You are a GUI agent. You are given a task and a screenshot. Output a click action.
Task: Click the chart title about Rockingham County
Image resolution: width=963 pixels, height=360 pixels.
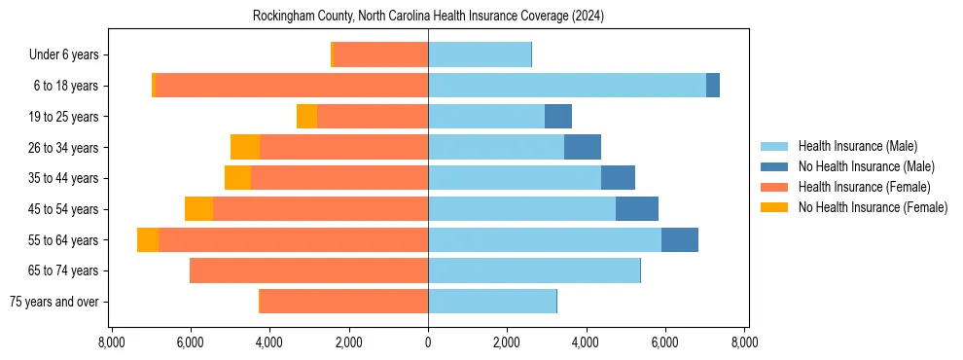pyautogui.click(x=428, y=17)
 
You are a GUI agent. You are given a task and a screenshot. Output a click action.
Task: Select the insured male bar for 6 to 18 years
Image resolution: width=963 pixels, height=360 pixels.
pyautogui.click(x=566, y=86)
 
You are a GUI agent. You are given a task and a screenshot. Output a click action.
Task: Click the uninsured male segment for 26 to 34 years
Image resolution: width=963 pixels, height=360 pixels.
pyautogui.click(x=582, y=147)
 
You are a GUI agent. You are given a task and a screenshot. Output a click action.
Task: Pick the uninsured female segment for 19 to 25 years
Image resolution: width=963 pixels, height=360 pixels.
pyautogui.click(x=306, y=117)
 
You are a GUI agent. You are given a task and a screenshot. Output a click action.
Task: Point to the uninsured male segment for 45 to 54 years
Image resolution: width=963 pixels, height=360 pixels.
pyautogui.click(x=636, y=209)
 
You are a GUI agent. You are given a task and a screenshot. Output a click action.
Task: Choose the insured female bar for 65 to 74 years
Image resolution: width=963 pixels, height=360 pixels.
pyautogui.click(x=308, y=270)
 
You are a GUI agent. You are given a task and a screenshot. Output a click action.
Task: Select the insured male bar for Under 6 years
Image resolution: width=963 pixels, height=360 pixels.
pyautogui.click(x=480, y=54)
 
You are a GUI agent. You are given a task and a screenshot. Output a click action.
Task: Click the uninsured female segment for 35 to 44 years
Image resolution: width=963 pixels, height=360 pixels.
pyautogui.click(x=237, y=178)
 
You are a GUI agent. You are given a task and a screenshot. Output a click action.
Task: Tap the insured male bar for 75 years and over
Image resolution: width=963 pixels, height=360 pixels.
pyautogui.click(x=492, y=302)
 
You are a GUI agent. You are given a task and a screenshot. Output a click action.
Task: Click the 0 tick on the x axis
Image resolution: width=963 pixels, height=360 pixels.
pyautogui.click(x=428, y=343)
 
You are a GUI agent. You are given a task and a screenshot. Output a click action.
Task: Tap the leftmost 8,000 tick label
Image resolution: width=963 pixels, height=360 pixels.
pyautogui.click(x=111, y=343)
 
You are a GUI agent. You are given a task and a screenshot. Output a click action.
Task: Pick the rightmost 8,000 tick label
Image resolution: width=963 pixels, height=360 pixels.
pyautogui.click(x=744, y=343)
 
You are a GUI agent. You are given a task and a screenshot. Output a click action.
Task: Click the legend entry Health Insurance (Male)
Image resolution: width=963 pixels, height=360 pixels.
pyautogui.click(x=857, y=146)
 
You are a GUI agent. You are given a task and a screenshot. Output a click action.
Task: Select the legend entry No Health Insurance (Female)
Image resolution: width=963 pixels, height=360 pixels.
pyautogui.click(x=873, y=207)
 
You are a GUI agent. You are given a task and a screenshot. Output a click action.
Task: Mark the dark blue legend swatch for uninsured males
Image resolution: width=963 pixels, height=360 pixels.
pyautogui.click(x=774, y=166)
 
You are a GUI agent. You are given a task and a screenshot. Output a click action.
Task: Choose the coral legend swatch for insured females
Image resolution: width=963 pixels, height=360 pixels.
pyautogui.click(x=774, y=187)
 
